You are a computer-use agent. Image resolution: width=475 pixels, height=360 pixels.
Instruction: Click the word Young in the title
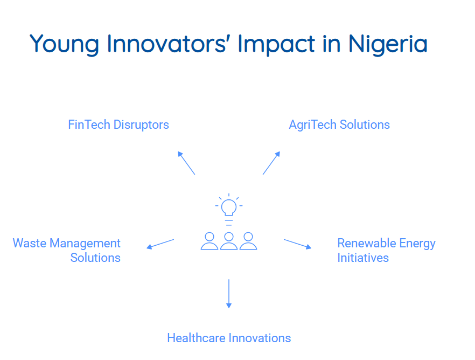[65, 45]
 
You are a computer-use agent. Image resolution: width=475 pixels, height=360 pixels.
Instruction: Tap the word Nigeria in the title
[388, 45]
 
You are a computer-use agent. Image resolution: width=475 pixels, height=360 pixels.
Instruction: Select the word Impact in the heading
[276, 45]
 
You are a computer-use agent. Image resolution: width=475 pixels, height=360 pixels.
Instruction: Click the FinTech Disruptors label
[118, 125]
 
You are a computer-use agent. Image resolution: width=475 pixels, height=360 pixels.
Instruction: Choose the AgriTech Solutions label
[339, 125]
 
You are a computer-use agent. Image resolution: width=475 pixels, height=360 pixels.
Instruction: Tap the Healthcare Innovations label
[229, 338]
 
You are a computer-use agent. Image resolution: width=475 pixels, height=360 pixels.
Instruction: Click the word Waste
[30, 243]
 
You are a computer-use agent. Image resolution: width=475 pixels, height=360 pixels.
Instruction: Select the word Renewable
[367, 243]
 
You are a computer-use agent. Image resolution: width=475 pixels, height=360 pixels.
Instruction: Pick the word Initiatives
[363, 258]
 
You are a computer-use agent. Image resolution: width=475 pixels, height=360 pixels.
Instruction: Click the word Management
[85, 244]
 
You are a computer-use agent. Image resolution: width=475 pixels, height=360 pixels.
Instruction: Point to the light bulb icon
[229, 210]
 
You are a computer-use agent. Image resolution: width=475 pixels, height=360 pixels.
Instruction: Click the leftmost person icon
[209, 241]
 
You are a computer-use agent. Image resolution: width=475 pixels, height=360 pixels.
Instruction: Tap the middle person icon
[229, 241]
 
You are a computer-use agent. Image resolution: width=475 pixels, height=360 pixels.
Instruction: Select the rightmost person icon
[248, 241]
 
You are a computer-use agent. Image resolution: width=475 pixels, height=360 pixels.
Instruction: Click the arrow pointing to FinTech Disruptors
[186, 163]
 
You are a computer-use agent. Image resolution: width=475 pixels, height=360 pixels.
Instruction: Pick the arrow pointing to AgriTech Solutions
[271, 163]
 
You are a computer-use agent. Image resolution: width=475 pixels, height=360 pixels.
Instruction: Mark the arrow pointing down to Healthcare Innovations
[229, 294]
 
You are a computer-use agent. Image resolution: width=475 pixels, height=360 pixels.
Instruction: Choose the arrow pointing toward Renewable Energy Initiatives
[297, 244]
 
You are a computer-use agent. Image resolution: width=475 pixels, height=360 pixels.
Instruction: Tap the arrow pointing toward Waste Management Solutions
[160, 244]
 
